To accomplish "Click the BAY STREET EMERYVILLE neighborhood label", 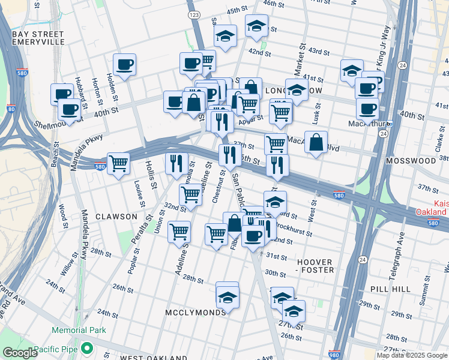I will (37, 39).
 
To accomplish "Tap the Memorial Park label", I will (79, 330).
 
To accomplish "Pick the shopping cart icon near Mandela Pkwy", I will (118, 163).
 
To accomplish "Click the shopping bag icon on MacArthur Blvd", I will (316, 143).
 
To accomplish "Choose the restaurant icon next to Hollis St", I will (176, 163).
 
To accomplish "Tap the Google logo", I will (20, 353).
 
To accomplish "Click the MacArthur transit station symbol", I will (389, 124).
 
